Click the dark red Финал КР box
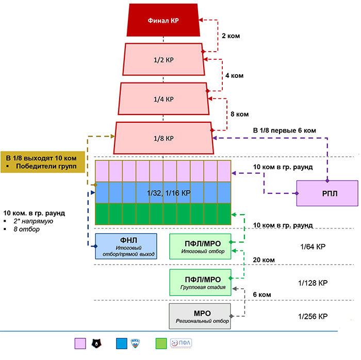(163, 20)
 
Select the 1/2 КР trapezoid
(163, 59)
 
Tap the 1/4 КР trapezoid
(163, 99)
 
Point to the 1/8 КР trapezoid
(163, 138)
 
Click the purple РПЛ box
(327, 193)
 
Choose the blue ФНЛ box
(126, 247)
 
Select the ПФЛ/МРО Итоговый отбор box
(200, 247)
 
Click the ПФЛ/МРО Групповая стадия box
(200, 283)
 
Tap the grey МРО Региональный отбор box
(200, 316)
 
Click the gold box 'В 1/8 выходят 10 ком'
(43, 162)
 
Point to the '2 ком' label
(231, 36)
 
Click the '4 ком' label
(234, 75)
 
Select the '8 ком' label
(240, 114)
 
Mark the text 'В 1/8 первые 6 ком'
(285, 130)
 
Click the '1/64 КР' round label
(313, 247)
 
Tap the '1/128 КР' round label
(313, 283)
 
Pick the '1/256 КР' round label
(313, 317)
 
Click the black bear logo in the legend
(96, 343)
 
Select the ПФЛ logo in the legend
(181, 343)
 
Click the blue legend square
(122, 343)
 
